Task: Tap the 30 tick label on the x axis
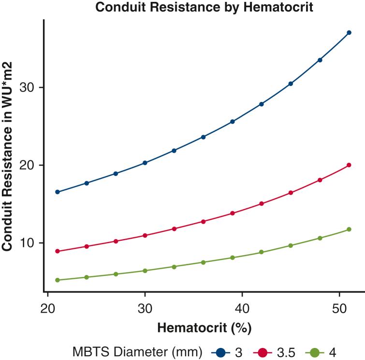[x=145, y=308]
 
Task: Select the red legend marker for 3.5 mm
[x=263, y=350]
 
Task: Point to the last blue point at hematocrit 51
[x=349, y=32]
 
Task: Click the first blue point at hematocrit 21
[x=58, y=192]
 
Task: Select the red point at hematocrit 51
[x=349, y=165]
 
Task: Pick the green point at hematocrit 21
[x=58, y=280]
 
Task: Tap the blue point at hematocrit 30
[x=145, y=163]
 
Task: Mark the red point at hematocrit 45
[x=291, y=193]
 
